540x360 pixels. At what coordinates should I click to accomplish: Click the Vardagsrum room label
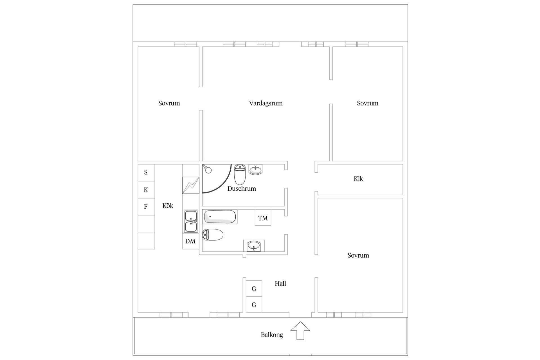(265, 103)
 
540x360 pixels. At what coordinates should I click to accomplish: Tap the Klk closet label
(358, 179)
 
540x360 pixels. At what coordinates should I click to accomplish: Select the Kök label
(168, 206)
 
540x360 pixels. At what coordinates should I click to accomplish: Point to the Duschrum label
(242, 189)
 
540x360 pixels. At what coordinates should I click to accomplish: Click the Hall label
(280, 284)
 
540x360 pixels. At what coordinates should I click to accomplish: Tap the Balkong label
(272, 335)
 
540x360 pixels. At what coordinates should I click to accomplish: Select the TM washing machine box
(263, 218)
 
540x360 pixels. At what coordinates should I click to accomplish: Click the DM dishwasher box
(190, 241)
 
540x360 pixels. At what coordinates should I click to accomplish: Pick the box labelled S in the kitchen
(146, 172)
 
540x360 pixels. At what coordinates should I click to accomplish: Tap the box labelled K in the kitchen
(146, 190)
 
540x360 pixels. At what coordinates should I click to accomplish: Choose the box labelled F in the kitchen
(146, 207)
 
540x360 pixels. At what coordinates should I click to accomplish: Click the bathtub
(220, 217)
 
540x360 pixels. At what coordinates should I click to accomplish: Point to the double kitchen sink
(191, 221)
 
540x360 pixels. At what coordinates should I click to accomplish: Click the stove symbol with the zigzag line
(191, 185)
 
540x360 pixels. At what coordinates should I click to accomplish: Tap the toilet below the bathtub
(213, 235)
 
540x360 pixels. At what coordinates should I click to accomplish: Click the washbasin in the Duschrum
(255, 170)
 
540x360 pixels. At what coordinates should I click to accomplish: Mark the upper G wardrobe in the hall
(254, 289)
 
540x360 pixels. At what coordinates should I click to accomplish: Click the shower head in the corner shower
(208, 169)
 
